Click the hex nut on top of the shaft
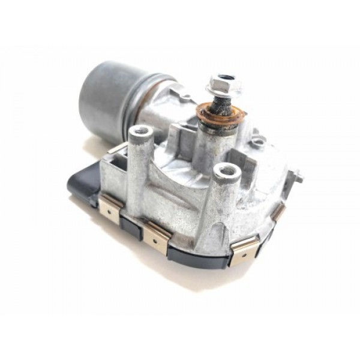click(223, 84)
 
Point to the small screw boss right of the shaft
click(259, 142)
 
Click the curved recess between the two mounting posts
click(180, 180)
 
